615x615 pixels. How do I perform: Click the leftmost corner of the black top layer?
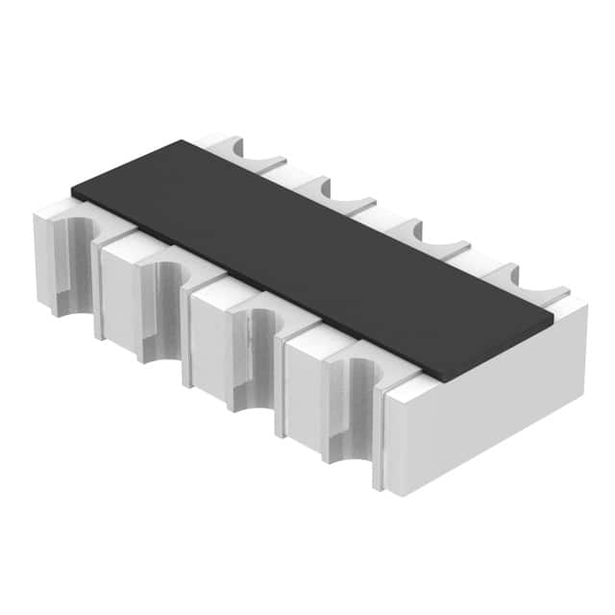72,189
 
